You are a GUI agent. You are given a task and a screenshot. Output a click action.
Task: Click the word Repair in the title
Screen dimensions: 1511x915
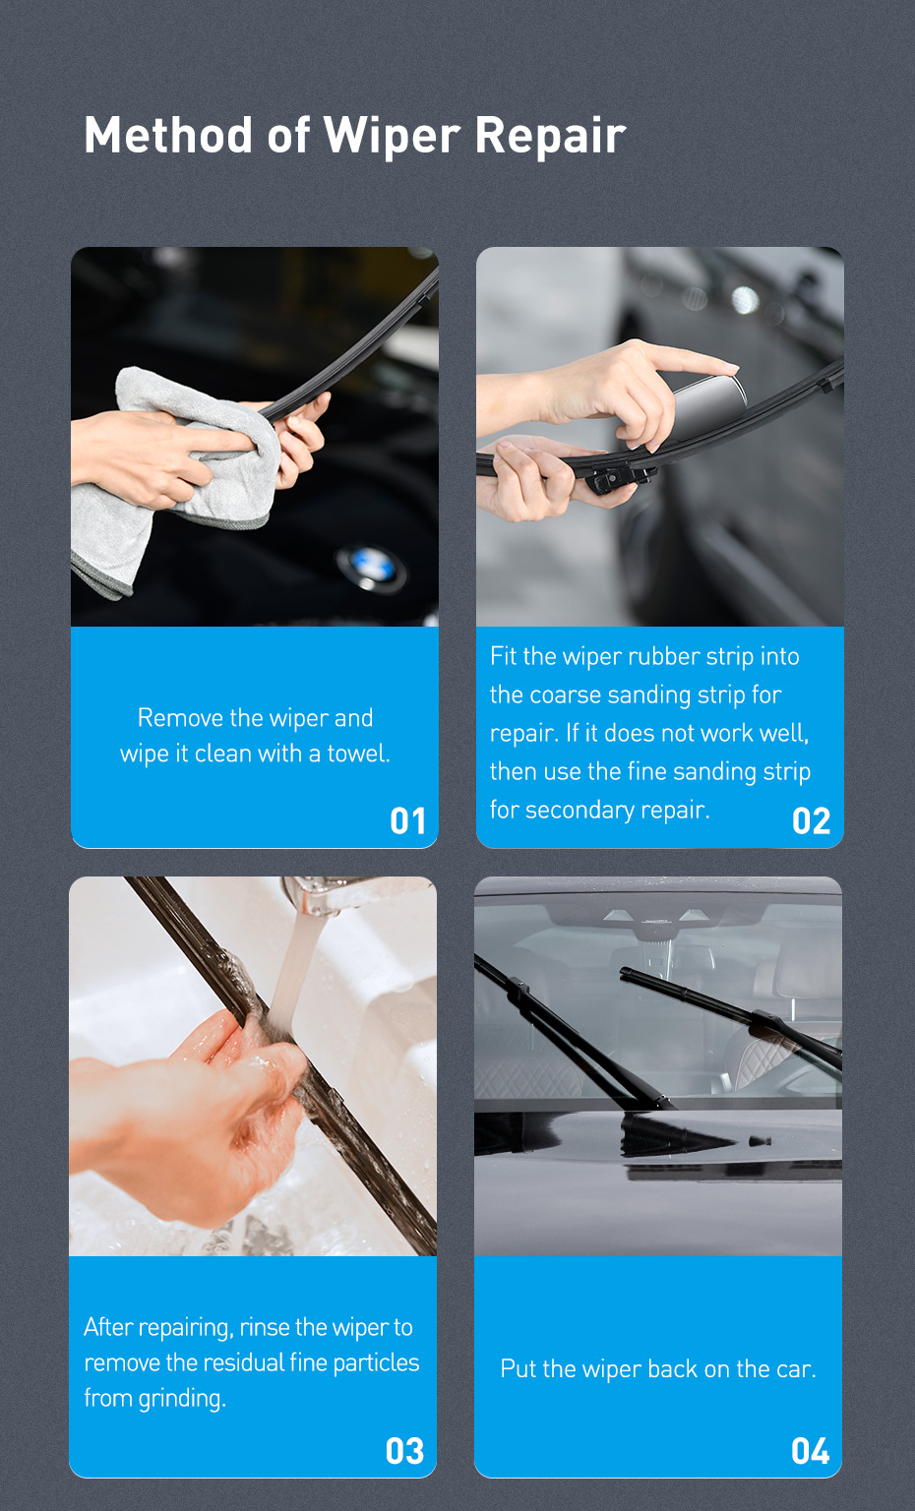point(550,136)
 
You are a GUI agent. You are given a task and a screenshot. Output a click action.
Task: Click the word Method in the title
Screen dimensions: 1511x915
point(168,135)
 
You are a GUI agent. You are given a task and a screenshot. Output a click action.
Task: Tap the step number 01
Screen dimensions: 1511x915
point(407,820)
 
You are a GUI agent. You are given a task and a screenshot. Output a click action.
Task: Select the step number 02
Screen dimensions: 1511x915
point(811,820)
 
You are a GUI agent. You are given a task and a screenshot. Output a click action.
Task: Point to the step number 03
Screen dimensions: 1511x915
point(404,1450)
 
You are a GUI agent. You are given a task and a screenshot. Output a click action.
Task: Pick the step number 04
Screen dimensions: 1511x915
point(810,1450)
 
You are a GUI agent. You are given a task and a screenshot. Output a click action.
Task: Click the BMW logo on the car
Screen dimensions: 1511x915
point(371,566)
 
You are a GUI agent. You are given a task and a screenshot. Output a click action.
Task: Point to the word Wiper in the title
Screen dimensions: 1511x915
point(392,136)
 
